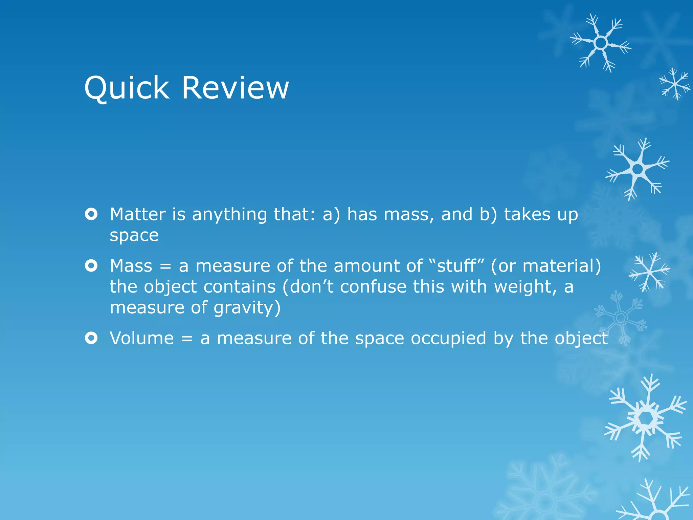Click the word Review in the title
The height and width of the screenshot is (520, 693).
point(235,88)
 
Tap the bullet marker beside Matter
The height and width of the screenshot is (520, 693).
point(91,214)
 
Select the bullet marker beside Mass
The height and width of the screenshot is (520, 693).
point(91,266)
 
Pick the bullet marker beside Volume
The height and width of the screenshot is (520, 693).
point(91,338)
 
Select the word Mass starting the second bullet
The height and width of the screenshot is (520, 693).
point(131,266)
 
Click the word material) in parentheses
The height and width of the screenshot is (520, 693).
point(562,266)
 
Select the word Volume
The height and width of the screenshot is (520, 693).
point(142,338)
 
